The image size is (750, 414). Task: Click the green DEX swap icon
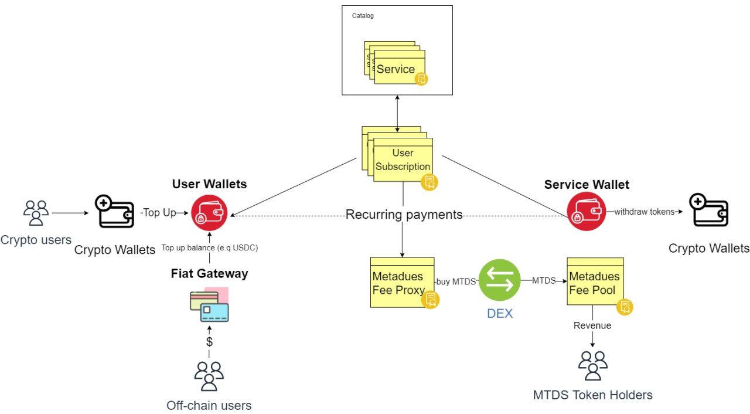tap(499, 280)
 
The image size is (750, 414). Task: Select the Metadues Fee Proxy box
tap(402, 282)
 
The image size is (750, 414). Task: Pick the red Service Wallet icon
tap(586, 211)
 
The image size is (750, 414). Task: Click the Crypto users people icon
tap(36, 213)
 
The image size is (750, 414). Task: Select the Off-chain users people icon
tap(209, 376)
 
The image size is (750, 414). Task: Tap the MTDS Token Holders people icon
tap(592, 365)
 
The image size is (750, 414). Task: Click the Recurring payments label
tap(404, 215)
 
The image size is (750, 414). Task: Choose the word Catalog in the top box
tap(363, 16)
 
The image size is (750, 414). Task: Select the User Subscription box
tap(403, 160)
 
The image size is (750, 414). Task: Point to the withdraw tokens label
tap(644, 212)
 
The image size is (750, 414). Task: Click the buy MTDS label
tap(456, 281)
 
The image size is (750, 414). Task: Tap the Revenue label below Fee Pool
tap(592, 325)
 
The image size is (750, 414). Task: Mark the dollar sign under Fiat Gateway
tap(209, 341)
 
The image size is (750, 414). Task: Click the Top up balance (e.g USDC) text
tap(209, 247)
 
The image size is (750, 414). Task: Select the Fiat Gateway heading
tap(209, 273)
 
